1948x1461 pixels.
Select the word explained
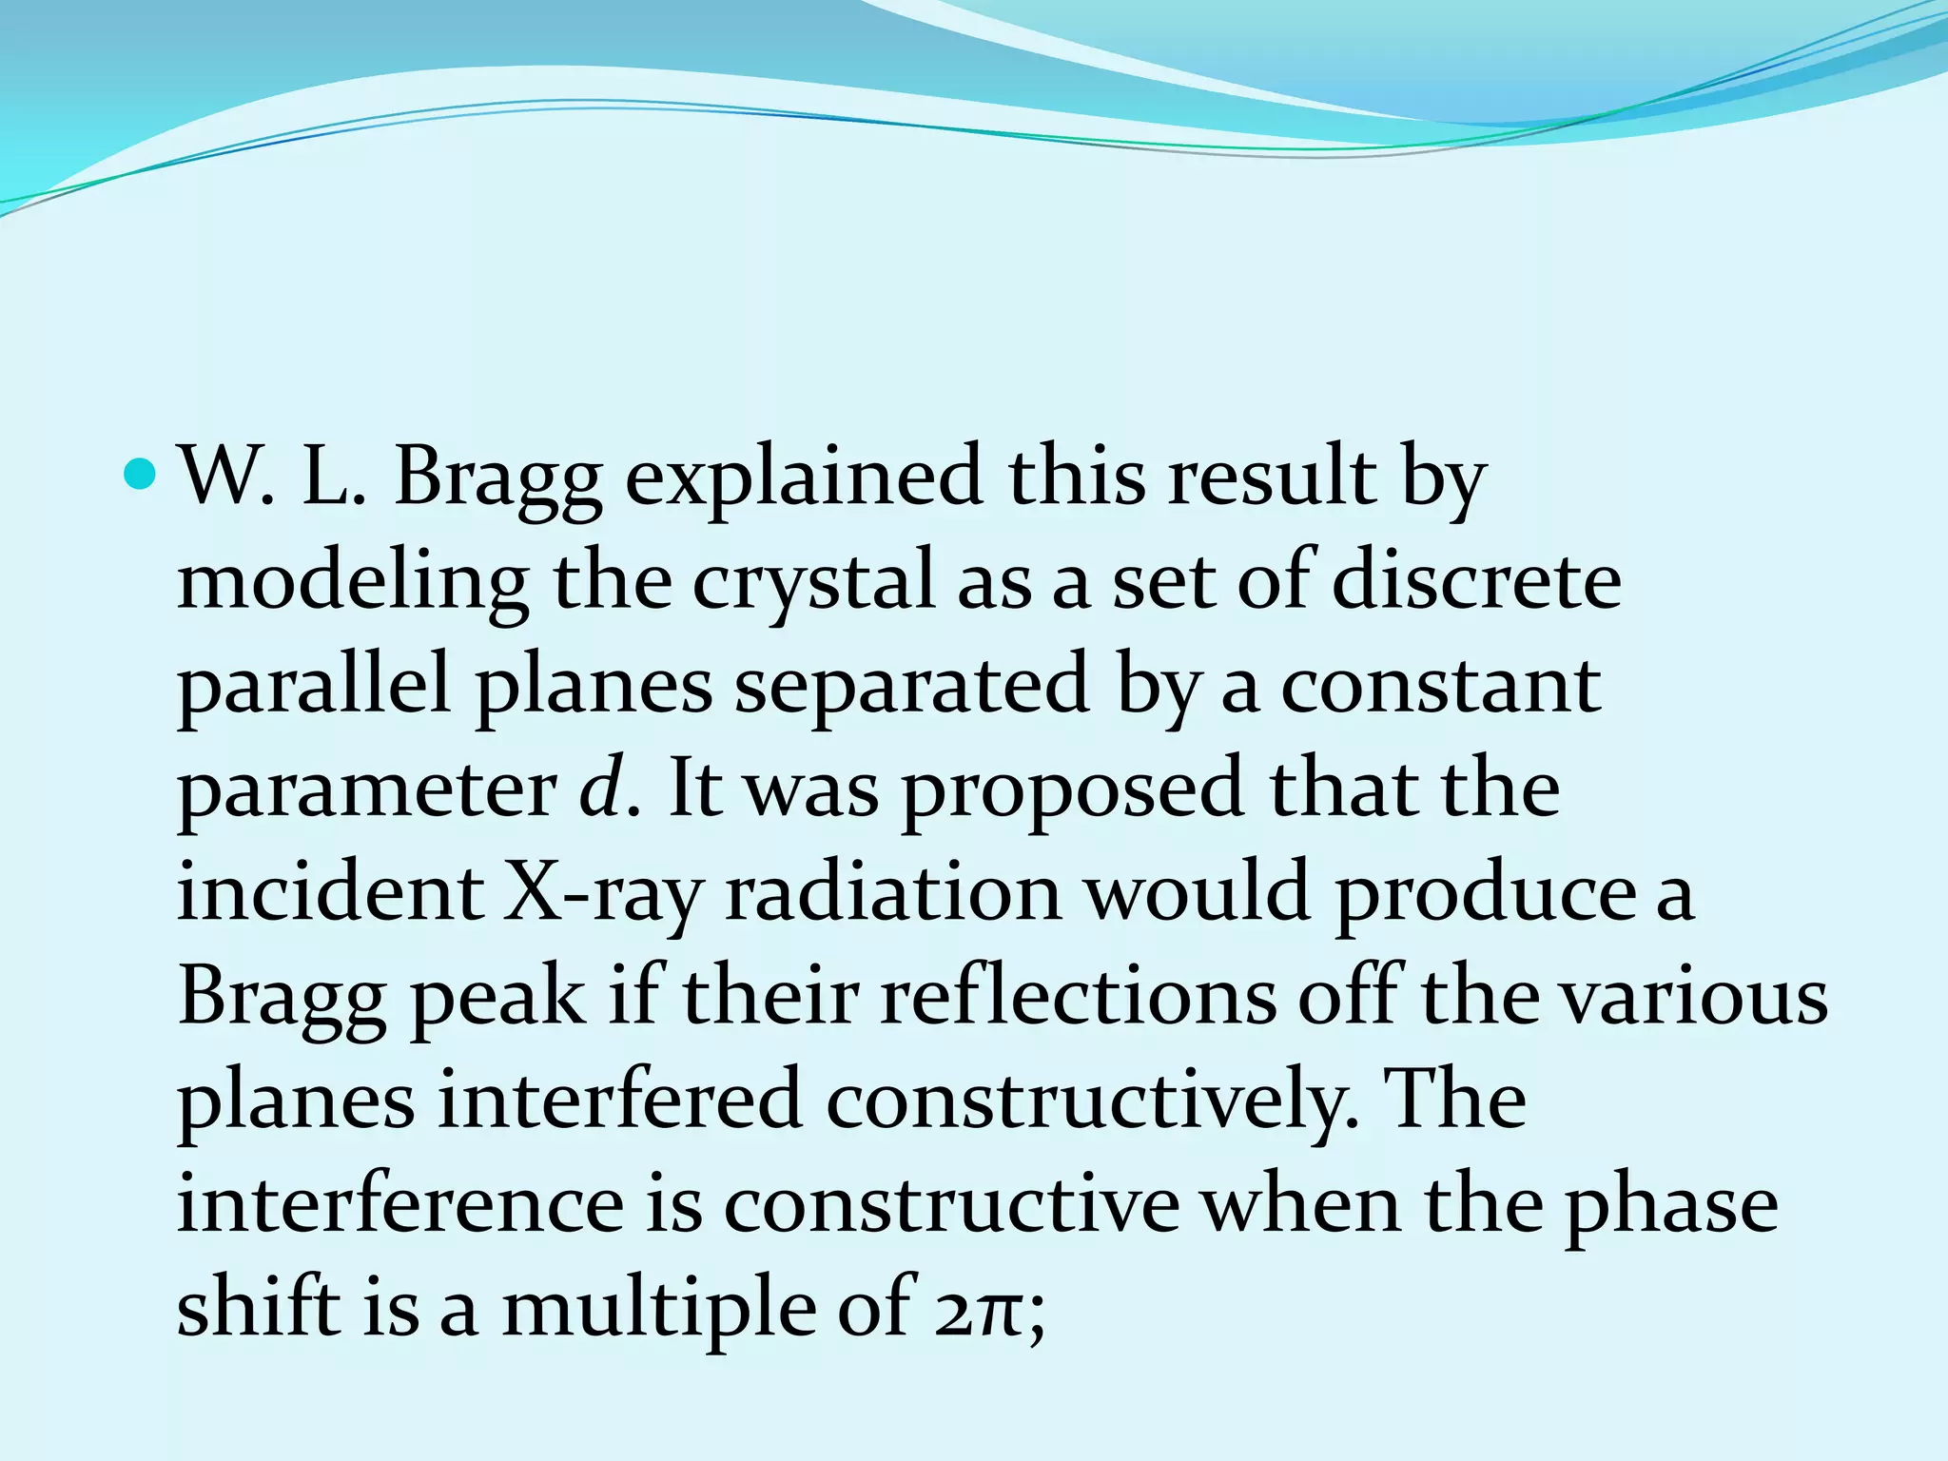[x=804, y=477]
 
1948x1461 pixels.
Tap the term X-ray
[x=602, y=894]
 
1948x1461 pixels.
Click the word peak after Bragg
[x=498, y=999]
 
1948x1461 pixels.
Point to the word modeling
[x=353, y=582]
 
